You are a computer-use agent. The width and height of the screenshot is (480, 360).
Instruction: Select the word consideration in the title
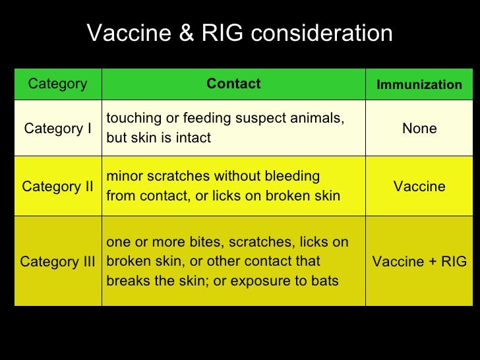click(x=318, y=34)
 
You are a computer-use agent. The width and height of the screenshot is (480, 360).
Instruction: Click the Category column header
click(x=57, y=84)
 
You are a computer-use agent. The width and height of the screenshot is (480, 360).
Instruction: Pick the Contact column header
click(x=233, y=84)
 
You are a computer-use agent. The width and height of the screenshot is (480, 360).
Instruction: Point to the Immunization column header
click(x=419, y=84)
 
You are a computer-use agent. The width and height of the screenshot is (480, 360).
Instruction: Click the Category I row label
click(x=57, y=129)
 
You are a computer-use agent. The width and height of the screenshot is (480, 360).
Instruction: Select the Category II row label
click(x=57, y=187)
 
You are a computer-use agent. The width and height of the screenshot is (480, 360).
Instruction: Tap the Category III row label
click(x=57, y=262)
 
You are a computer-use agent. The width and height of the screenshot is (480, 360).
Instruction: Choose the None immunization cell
click(x=419, y=129)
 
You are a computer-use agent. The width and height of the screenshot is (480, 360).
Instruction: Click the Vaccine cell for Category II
click(x=419, y=187)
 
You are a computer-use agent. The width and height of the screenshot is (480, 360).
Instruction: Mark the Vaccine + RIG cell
click(x=419, y=262)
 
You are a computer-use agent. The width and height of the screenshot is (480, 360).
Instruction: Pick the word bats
click(x=324, y=281)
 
